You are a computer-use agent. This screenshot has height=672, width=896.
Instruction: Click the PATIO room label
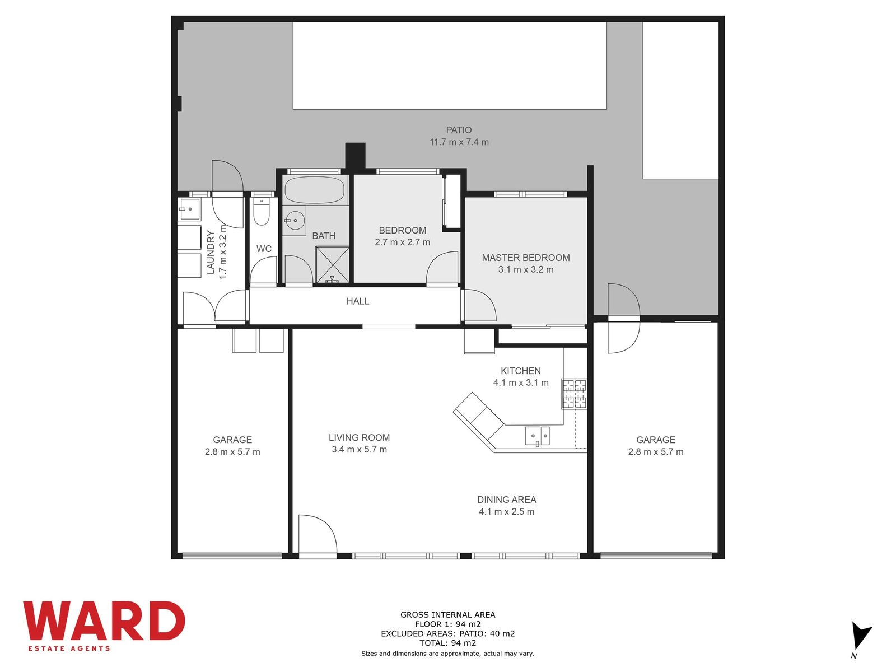click(459, 130)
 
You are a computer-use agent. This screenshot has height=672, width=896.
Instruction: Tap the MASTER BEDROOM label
click(525, 258)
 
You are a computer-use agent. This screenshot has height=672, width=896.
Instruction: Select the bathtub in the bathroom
click(314, 189)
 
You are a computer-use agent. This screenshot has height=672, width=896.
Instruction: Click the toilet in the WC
click(261, 211)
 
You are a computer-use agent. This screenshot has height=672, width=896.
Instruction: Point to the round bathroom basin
click(295, 221)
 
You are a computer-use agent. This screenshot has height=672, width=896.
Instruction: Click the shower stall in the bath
click(332, 265)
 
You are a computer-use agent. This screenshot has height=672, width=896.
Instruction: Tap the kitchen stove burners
click(574, 394)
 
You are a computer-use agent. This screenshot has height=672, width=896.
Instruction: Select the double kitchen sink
click(537, 436)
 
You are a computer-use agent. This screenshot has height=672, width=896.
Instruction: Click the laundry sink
click(189, 209)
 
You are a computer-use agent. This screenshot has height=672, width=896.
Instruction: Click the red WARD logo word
click(104, 620)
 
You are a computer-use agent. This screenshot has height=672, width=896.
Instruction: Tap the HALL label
click(358, 301)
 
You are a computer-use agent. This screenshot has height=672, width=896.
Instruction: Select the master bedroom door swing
click(480, 305)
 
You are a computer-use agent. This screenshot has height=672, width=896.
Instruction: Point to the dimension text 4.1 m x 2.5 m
click(506, 512)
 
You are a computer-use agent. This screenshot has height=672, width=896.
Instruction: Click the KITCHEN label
click(520, 371)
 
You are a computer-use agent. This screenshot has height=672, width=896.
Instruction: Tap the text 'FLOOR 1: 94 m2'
click(448, 624)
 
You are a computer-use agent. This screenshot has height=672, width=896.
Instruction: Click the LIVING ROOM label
click(359, 437)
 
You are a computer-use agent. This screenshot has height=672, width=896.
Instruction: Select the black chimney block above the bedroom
click(355, 156)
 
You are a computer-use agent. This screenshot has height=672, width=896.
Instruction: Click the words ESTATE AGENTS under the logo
click(69, 648)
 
